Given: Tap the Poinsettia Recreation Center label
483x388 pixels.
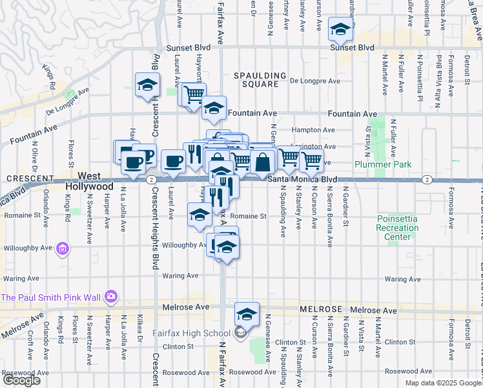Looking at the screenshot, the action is pyautogui.click(x=398, y=228).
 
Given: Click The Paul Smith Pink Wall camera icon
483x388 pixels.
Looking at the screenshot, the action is pyautogui.click(x=110, y=297).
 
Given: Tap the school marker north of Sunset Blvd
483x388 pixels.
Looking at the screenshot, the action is pyautogui.click(x=340, y=29).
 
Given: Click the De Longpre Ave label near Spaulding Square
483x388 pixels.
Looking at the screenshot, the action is pyautogui.click(x=314, y=81).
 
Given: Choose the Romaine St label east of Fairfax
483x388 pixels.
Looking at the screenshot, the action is pyautogui.click(x=249, y=216).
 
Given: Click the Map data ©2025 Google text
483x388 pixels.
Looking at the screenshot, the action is pyautogui.click(x=442, y=383).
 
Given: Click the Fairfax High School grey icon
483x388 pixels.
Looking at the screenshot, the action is pyautogui.click(x=240, y=333).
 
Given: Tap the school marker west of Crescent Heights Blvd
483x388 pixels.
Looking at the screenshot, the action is pyautogui.click(x=147, y=85).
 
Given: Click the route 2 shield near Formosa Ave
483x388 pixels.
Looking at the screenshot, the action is pyautogui.click(x=426, y=179).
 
